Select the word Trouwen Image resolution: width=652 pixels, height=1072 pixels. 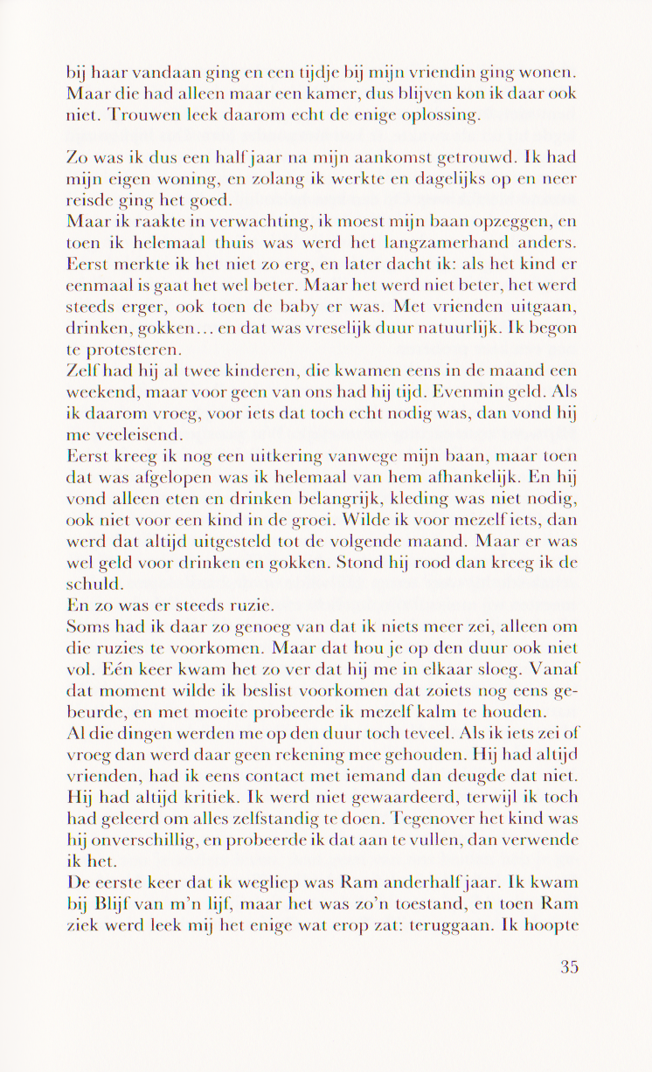click(142, 115)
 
